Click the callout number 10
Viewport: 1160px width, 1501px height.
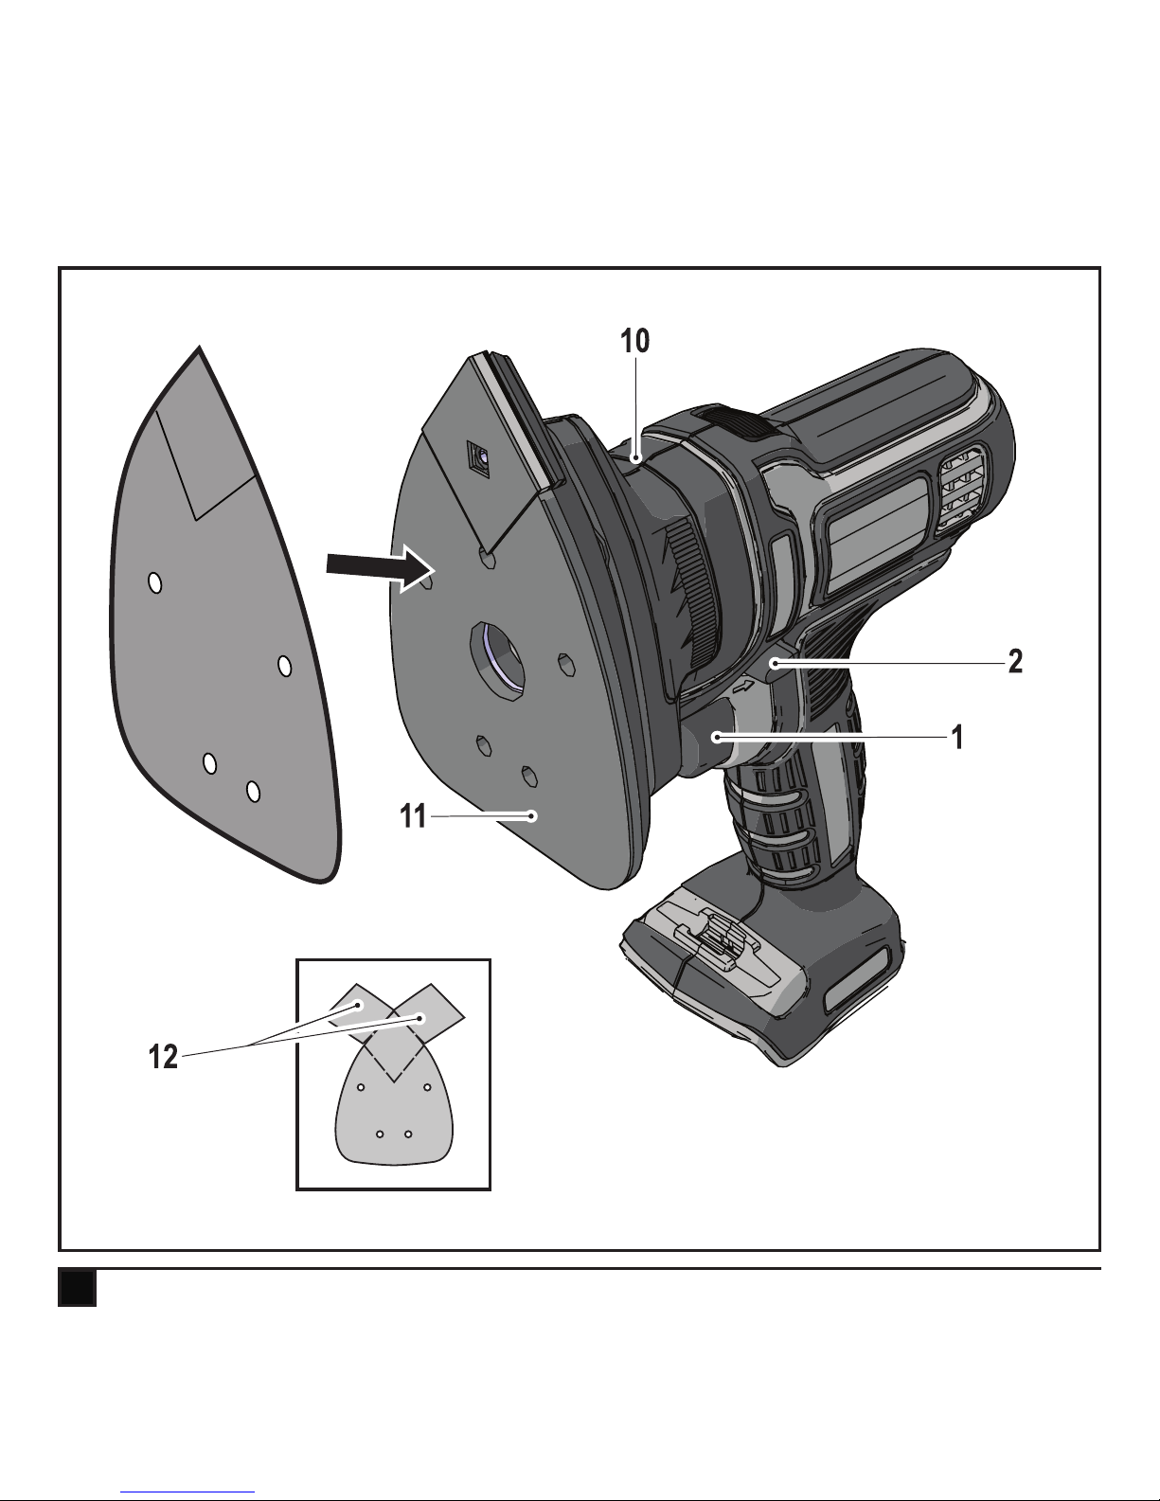click(634, 341)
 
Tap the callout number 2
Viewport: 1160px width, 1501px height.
click(1015, 662)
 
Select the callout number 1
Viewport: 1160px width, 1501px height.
click(957, 738)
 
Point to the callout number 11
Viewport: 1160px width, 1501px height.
click(413, 816)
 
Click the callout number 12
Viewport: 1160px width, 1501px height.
click(164, 1056)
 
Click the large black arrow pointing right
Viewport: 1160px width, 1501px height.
click(381, 568)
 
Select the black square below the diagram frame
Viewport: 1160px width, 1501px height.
click(77, 1288)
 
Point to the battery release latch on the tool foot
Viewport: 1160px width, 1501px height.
click(712, 935)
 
